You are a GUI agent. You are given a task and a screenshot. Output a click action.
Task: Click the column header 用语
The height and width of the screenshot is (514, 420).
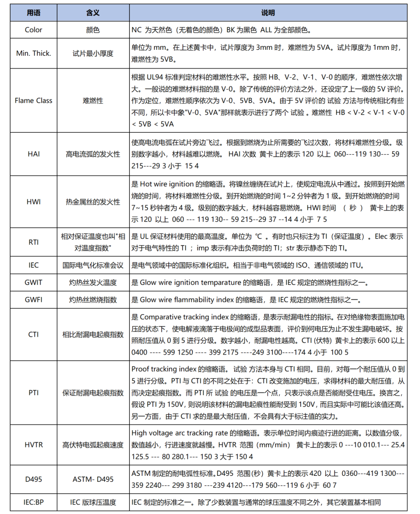33,13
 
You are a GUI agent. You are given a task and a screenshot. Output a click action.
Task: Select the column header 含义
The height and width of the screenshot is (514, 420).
93,13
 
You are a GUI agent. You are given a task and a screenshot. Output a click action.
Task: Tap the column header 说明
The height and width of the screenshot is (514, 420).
268,13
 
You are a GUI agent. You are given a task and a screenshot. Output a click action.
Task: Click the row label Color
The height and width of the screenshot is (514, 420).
33,30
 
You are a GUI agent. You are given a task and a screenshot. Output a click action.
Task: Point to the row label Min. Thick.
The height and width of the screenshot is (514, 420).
33,53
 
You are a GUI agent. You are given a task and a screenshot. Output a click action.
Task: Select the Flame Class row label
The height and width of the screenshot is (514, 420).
33,100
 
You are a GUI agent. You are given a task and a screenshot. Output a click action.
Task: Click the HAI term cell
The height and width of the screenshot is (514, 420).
33,154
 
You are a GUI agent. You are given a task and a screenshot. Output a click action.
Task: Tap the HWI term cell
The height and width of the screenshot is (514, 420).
33,202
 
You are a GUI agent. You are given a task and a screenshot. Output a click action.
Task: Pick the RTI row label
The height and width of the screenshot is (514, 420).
33,242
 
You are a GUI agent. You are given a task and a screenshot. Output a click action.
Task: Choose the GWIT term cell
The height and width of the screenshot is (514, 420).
33,282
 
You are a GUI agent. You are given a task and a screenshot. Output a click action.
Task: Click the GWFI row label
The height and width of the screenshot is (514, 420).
33,300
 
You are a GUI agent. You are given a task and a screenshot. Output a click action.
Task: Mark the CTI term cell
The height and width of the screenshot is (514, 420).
33,334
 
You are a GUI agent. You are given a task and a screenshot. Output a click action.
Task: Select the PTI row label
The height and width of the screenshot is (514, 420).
33,393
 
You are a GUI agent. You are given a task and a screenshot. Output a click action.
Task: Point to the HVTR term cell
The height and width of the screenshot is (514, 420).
33,445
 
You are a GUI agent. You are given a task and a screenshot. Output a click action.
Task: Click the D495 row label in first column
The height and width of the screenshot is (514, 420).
33,479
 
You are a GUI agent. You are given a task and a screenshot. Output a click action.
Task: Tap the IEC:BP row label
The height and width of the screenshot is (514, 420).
33,502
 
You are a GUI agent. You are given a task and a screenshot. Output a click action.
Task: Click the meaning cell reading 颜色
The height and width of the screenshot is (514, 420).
93,30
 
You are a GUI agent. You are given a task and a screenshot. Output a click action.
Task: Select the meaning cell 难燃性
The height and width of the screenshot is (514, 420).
93,100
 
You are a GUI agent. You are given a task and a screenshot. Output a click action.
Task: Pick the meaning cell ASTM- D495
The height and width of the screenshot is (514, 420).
93,479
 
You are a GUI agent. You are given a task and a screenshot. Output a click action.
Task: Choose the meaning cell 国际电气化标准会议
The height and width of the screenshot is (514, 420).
93,265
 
